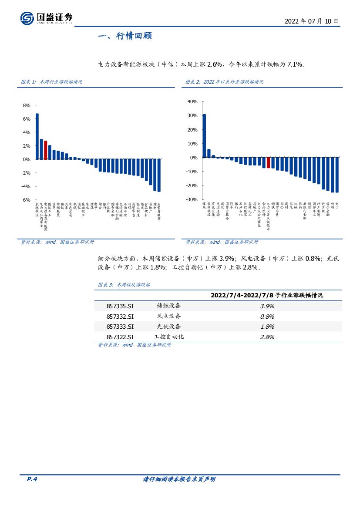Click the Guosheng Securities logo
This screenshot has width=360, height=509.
[46, 18]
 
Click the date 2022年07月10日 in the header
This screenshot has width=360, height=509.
[311, 21]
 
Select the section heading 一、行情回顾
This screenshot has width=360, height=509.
[124, 36]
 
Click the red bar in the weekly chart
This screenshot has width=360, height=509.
[45, 150]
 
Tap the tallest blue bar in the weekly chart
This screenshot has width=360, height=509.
[37, 136]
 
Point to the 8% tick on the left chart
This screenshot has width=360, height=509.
[26, 105]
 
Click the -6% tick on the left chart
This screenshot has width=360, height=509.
[26, 200]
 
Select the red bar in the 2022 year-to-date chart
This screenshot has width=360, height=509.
[268, 163]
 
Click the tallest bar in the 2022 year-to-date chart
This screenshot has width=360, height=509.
[204, 136]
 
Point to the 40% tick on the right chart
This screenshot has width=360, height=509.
[192, 101]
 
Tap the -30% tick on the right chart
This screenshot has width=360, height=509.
[192, 199]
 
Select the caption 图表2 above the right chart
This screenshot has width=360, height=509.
[224, 82]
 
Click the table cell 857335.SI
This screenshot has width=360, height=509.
[120, 306]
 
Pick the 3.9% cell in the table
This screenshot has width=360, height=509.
[267, 306]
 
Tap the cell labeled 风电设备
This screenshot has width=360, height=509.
[169, 317]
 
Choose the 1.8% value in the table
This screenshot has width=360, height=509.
[267, 327]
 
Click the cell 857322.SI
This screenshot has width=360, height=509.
[120, 337]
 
